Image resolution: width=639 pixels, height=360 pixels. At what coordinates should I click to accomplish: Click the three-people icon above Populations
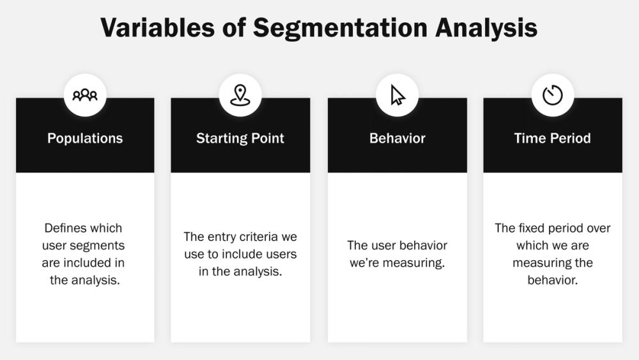(85, 95)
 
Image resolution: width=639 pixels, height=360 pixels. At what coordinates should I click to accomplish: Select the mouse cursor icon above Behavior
(397, 95)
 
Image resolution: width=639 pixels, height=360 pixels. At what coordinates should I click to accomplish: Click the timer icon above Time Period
(552, 95)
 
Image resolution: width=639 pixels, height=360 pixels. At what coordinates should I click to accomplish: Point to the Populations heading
(85, 138)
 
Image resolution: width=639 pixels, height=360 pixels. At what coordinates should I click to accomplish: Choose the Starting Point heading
(240, 138)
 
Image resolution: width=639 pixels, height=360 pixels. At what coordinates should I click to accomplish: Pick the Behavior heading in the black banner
(397, 138)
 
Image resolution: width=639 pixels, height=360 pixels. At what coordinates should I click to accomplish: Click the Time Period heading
(552, 138)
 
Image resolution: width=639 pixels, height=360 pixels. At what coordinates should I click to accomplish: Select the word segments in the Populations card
(102, 246)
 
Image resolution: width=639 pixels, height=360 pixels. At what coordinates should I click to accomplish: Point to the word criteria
(261, 237)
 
